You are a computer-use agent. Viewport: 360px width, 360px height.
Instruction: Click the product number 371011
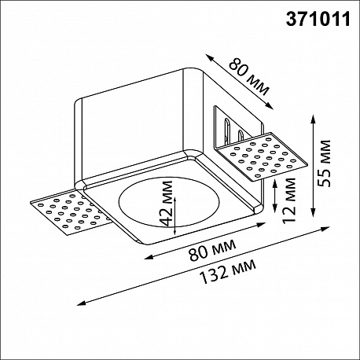pos(318,19)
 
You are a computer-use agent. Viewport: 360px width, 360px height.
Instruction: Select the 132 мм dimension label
pos(227,272)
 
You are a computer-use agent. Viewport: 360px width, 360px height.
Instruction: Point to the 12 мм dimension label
pos(289,200)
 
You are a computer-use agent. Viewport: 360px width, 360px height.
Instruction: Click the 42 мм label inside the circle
pos(167,203)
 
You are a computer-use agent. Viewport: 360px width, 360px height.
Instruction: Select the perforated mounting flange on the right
pos(261,156)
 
